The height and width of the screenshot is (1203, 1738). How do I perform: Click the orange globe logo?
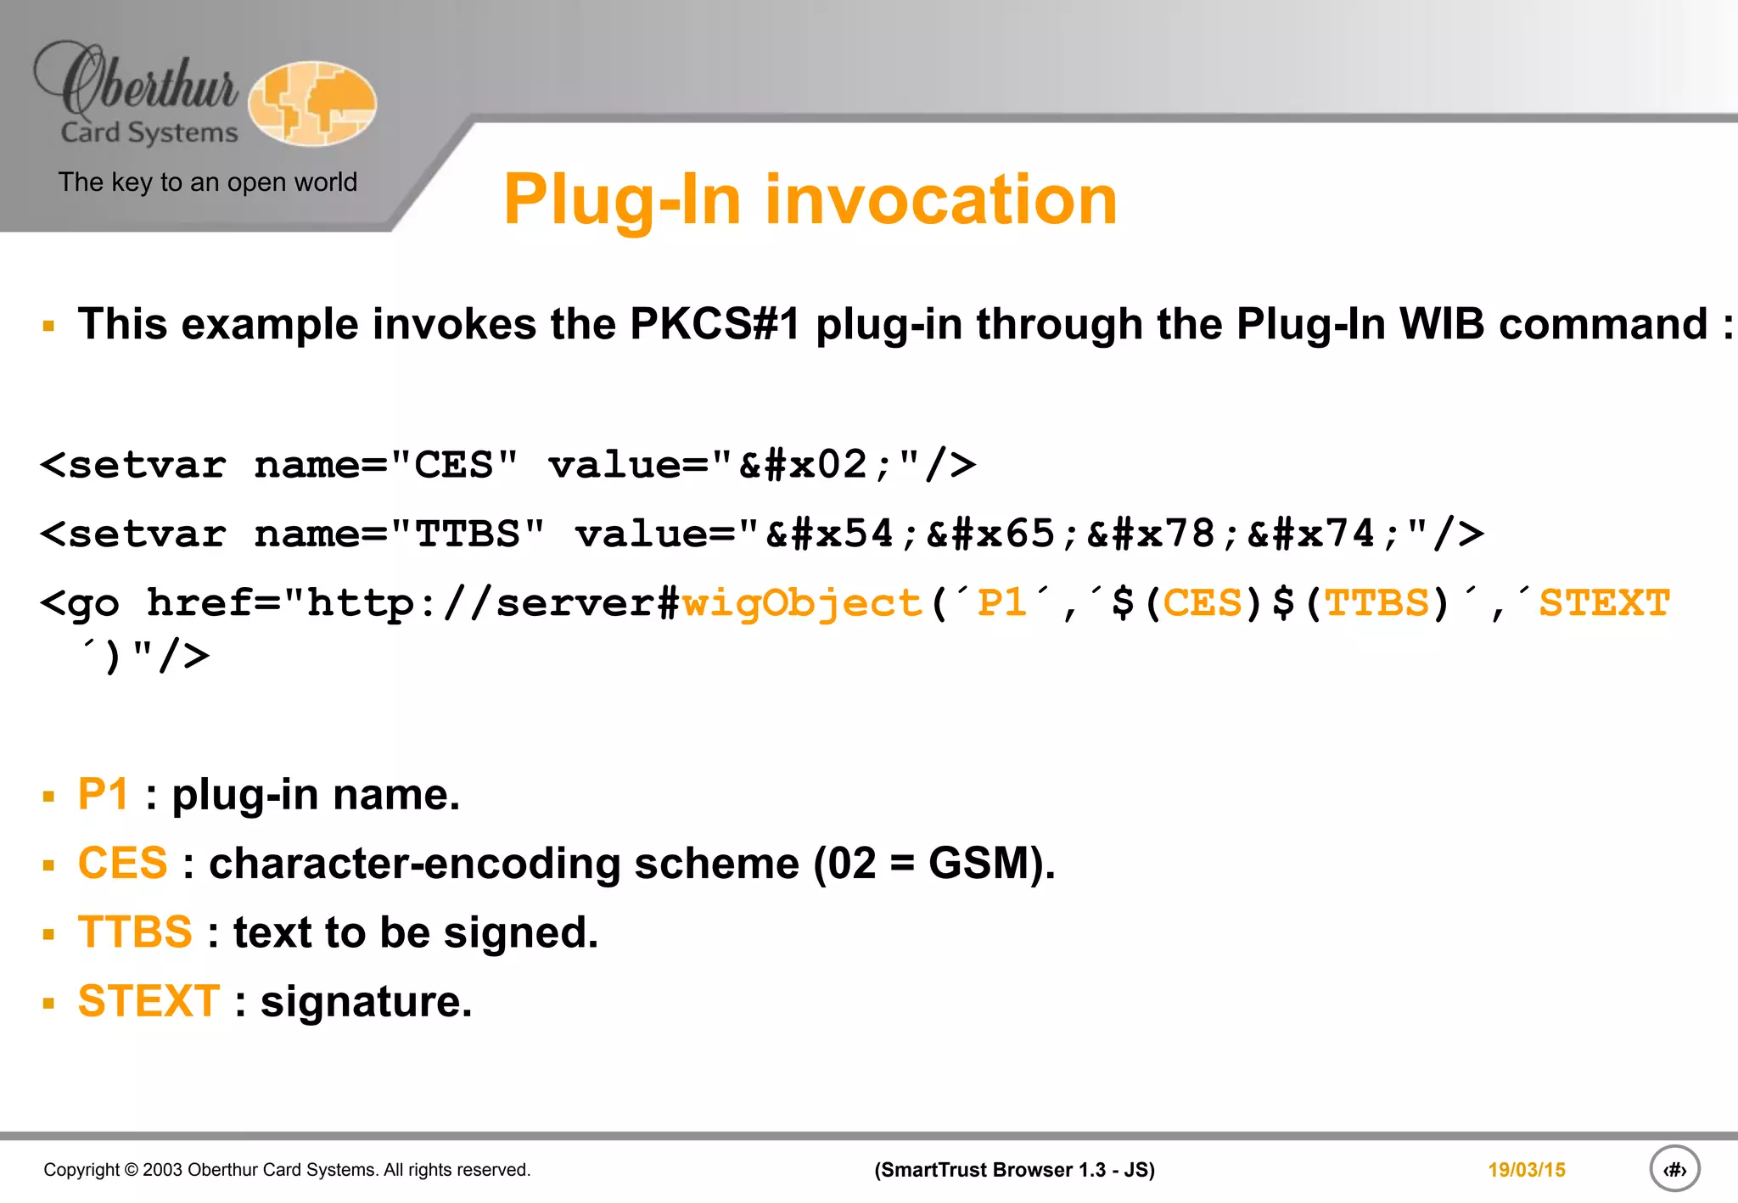312,104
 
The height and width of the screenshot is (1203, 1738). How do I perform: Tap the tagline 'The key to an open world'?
207,182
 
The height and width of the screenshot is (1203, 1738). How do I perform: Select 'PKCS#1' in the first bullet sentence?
715,324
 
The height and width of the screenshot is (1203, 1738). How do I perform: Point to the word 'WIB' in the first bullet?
1441,324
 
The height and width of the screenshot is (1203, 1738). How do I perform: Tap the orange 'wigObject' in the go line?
801,603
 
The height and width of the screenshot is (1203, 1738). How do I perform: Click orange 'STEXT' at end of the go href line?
1604,603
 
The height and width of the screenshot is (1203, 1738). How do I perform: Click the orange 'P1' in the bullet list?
103,795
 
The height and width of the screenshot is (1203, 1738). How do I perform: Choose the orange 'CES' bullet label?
122,864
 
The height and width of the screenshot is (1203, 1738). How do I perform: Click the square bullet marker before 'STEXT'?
48,1004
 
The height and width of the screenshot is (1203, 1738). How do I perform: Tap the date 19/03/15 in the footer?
1526,1170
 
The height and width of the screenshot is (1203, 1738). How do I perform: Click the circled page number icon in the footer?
1674,1169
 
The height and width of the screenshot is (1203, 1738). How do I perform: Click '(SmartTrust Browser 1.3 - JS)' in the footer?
1014,1170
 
